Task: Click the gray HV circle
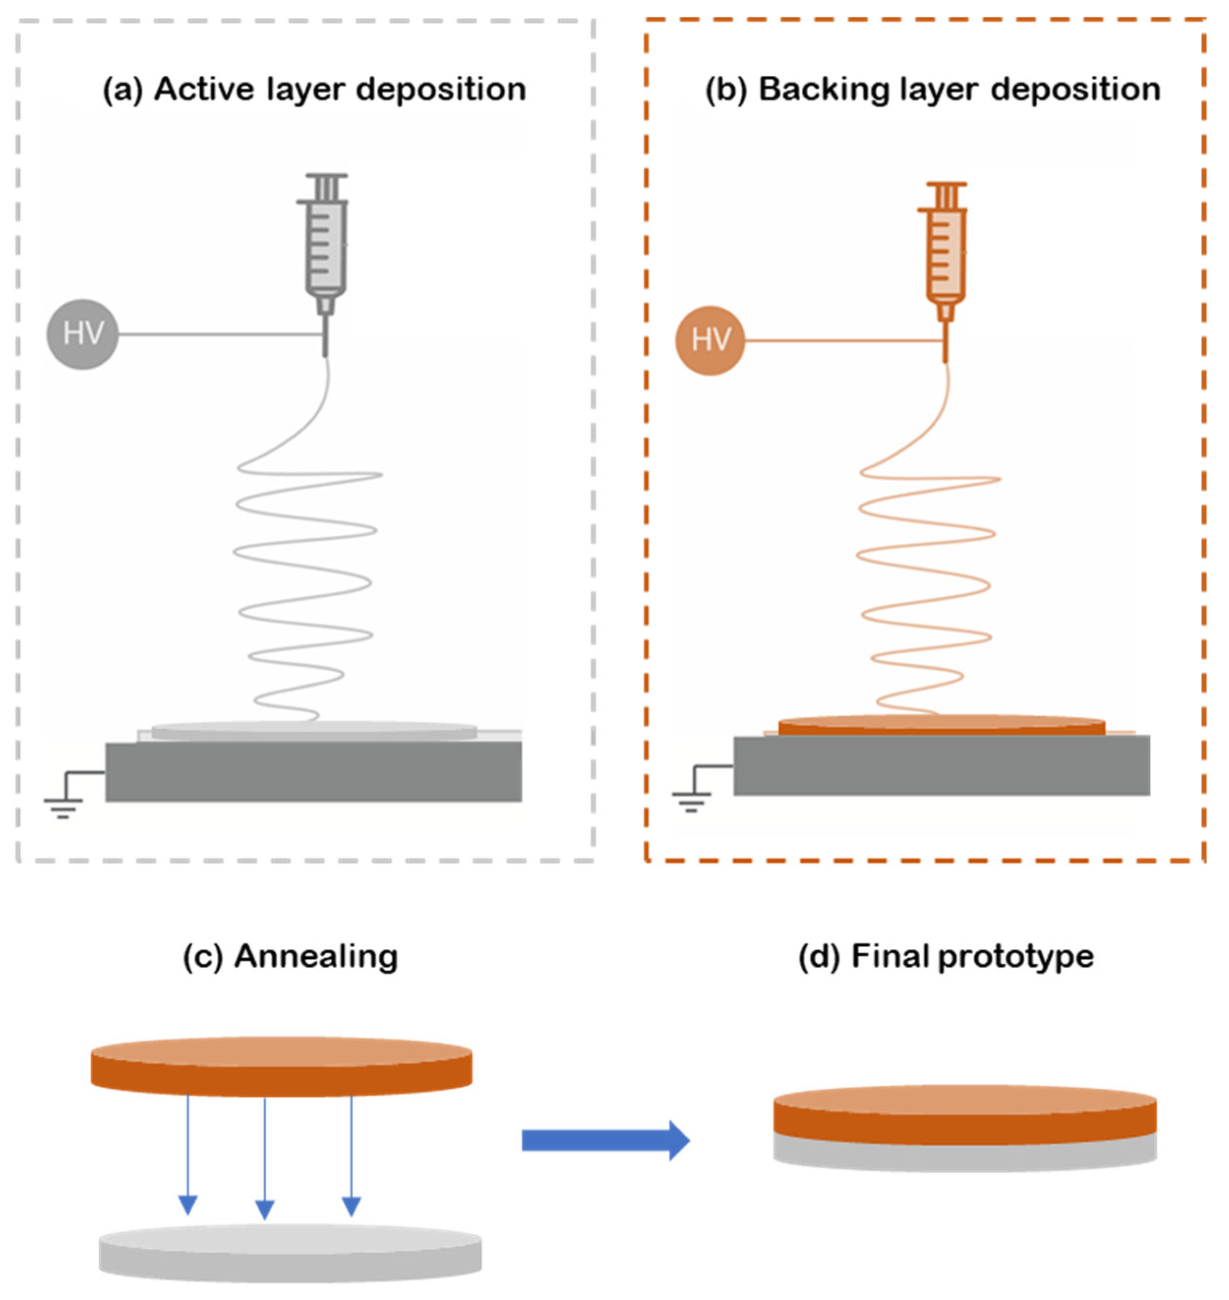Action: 82,334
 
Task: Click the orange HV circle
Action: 710,341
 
